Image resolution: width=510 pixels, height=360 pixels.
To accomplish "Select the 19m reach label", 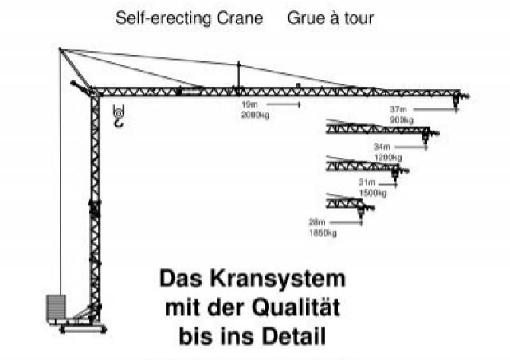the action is (249, 104).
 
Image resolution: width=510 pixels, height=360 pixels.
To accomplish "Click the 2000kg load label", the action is (255, 115).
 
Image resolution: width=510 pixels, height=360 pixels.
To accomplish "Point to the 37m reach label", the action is (398, 109).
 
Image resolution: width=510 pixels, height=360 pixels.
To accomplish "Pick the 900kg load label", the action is (402, 119).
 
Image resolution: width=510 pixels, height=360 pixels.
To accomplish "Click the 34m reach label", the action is (382, 147).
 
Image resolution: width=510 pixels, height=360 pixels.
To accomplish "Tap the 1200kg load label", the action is (388, 158).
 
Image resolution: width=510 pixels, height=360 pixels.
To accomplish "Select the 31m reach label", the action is (367, 182).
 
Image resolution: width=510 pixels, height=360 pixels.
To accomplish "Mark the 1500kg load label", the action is (373, 193).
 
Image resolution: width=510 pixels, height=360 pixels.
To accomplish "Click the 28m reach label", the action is (317, 222).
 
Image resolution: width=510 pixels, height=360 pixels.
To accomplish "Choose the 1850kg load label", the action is (323, 233).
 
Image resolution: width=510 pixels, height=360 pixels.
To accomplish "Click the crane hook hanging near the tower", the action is (119, 116).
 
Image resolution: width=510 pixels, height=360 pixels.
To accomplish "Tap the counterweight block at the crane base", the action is (56, 307).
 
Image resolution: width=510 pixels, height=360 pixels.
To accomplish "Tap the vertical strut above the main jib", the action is (239, 75).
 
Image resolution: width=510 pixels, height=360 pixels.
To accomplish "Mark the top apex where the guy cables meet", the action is (60, 49).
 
